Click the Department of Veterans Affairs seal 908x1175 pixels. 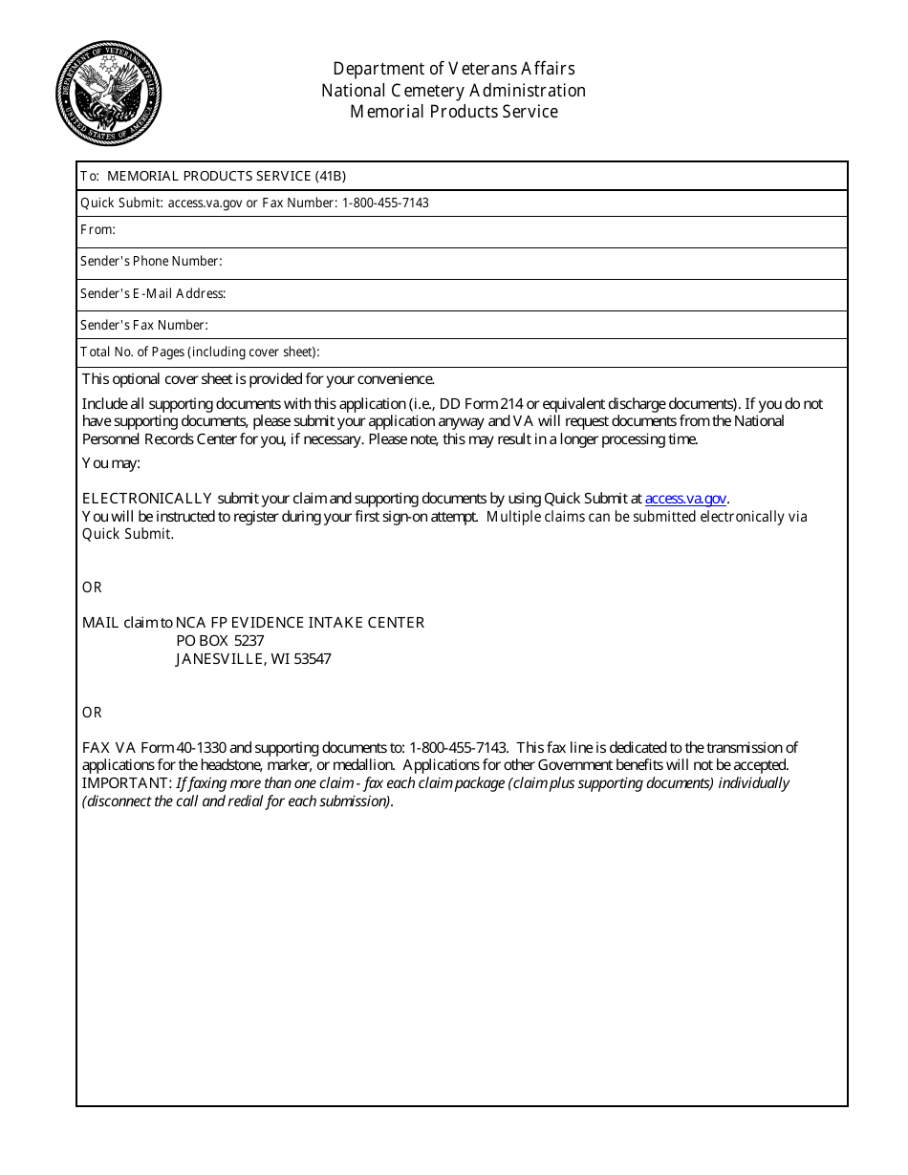point(108,94)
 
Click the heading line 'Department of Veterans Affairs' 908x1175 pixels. point(453,69)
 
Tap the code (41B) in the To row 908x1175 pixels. point(330,176)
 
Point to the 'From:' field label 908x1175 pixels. point(97,229)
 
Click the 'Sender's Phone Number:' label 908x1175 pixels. point(151,261)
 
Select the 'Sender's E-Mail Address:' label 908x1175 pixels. point(153,293)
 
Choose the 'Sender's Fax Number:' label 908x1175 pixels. point(143,325)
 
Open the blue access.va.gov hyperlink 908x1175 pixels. point(685,498)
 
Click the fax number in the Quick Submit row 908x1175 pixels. point(385,203)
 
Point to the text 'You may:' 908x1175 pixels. point(111,462)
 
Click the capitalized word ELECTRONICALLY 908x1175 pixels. point(147,498)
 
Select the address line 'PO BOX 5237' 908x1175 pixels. point(220,640)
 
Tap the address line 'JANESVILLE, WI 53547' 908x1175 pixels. point(253,658)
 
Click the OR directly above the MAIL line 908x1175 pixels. point(92,587)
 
